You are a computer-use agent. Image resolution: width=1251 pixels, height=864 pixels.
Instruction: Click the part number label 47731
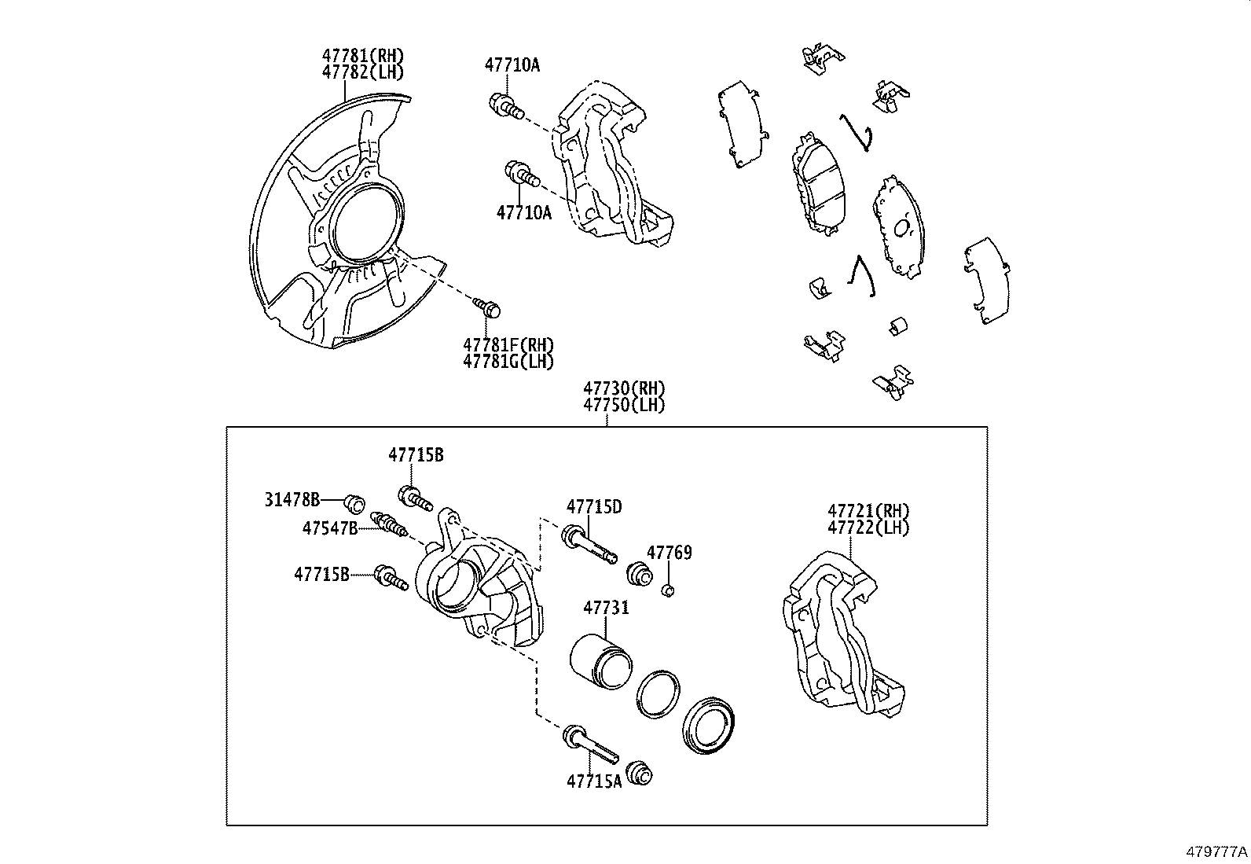pyautogui.click(x=605, y=608)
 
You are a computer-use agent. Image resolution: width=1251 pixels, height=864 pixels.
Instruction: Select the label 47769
pyautogui.click(x=669, y=553)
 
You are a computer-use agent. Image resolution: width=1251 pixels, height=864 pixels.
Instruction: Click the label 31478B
pyautogui.click(x=292, y=499)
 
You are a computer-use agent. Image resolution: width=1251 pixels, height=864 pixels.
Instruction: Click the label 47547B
pyautogui.click(x=330, y=528)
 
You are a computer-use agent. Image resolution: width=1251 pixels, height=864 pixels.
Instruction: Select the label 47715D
pyautogui.click(x=594, y=507)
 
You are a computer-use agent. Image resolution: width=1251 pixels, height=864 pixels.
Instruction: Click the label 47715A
pyautogui.click(x=594, y=781)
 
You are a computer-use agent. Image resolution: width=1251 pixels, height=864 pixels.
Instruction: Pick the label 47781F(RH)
pyautogui.click(x=508, y=345)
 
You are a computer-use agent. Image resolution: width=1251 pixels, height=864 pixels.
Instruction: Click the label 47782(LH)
pyautogui.click(x=362, y=72)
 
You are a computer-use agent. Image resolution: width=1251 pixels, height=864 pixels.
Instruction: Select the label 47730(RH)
pyautogui.click(x=624, y=388)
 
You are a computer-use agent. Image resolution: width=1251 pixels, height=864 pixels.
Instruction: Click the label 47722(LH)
pyautogui.click(x=868, y=528)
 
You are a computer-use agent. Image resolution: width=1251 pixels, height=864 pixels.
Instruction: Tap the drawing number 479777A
pyautogui.click(x=1216, y=851)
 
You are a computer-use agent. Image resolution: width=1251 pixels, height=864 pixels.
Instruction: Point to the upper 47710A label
pyautogui.click(x=512, y=65)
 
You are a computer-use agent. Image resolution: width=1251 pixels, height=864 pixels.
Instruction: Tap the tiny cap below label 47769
pyautogui.click(x=669, y=590)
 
